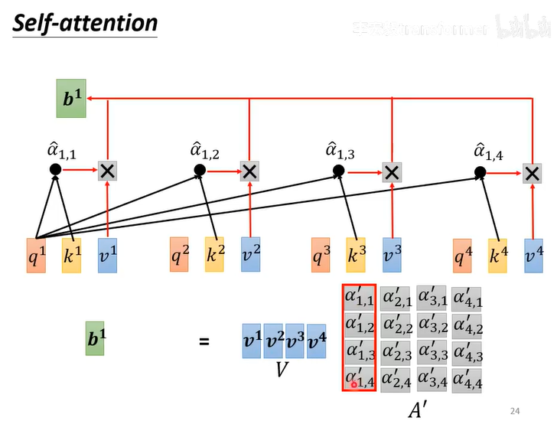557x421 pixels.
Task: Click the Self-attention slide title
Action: pyautogui.click(x=85, y=23)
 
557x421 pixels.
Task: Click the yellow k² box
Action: pyautogui.click(x=215, y=256)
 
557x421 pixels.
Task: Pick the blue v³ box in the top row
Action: pyautogui.click(x=393, y=256)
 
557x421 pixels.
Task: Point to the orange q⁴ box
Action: pyautogui.click(x=462, y=256)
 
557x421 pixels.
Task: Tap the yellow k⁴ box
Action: pyautogui.click(x=498, y=256)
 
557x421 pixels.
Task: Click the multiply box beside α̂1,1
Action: pyautogui.click(x=108, y=172)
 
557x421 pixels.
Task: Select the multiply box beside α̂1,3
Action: pyautogui.click(x=392, y=172)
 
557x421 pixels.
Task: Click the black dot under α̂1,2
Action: pyautogui.click(x=200, y=170)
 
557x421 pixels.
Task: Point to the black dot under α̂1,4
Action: pyautogui.click(x=480, y=171)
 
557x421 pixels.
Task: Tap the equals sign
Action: pyautogui.click(x=204, y=341)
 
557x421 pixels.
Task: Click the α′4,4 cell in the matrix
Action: pyautogui.click(x=467, y=379)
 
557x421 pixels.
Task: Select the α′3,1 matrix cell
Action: pyautogui.click(x=432, y=298)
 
